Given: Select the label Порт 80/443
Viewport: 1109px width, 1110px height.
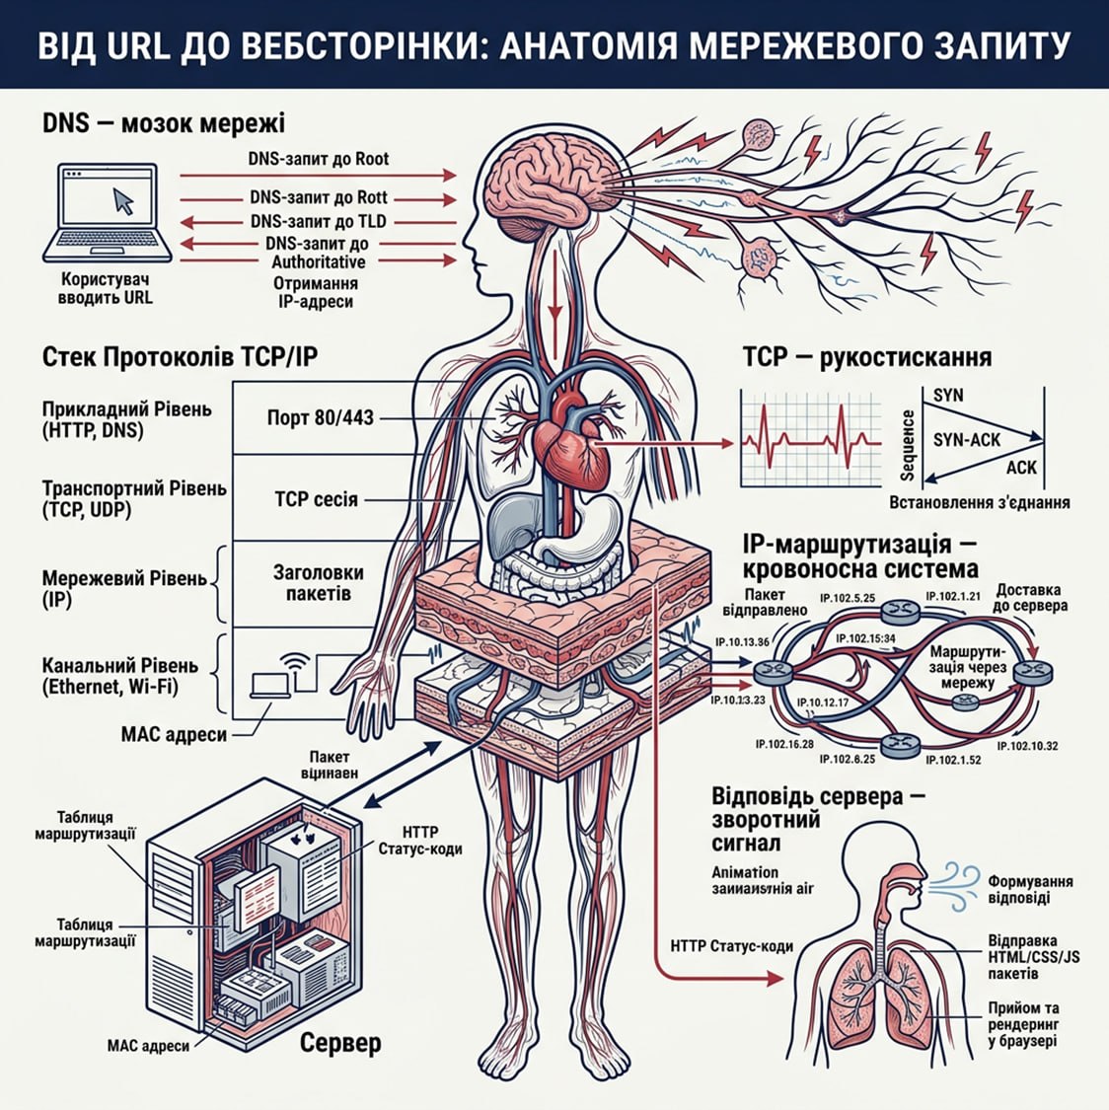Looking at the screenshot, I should (x=321, y=417).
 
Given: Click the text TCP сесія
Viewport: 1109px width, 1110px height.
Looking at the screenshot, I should (x=316, y=499).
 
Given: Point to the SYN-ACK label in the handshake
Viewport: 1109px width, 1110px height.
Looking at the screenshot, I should (x=966, y=439).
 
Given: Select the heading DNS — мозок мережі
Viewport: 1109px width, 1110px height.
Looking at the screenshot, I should (x=164, y=124).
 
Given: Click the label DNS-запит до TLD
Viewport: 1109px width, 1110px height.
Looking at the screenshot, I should (x=319, y=221).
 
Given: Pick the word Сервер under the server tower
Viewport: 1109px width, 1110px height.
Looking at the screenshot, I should (x=340, y=1042).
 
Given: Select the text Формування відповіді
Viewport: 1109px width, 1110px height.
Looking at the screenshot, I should (x=1030, y=889).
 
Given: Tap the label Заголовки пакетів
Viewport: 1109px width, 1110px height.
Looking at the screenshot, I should (x=318, y=583).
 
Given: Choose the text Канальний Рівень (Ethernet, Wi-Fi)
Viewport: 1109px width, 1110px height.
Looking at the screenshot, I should (x=120, y=676).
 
